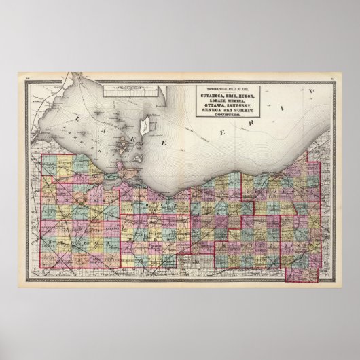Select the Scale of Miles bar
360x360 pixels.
(117, 87)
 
